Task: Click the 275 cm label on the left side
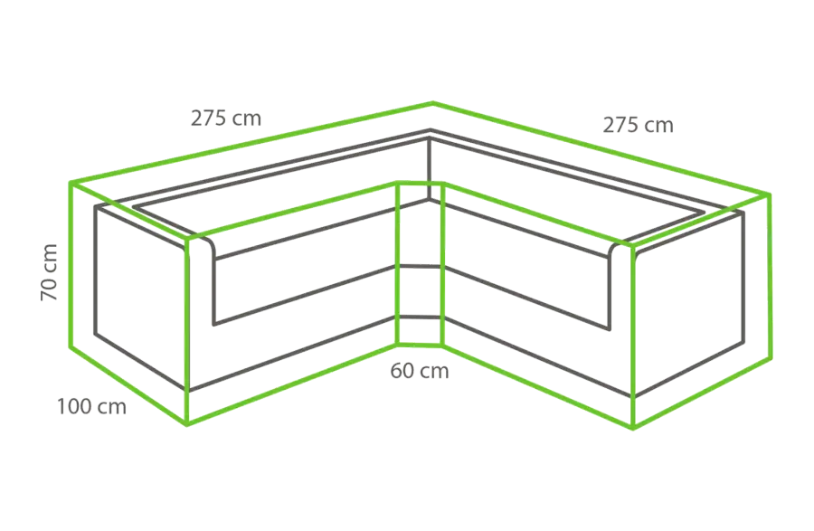pos(226,119)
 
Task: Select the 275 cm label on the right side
pos(638,125)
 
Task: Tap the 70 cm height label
pos(49,272)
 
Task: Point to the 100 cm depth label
pos(91,406)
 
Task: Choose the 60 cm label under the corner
pos(420,371)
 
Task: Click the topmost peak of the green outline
pos(433,103)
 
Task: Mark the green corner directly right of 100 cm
pos(187,424)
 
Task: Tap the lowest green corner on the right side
pos(633,428)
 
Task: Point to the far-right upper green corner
pos(770,194)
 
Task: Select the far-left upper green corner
pos(70,183)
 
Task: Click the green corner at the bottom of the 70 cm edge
pos(70,346)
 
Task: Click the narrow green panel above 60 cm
pos(420,263)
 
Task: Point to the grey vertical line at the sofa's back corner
pos(430,167)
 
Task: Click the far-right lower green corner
pos(771,358)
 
